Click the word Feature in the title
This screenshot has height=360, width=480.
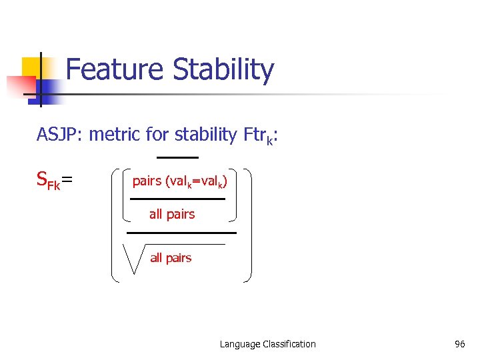click(x=115, y=70)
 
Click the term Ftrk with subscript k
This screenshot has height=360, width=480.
click(x=258, y=136)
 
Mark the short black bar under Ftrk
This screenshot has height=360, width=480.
click(x=177, y=157)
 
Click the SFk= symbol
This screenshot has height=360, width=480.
click(x=54, y=181)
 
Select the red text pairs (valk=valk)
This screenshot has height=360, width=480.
click(x=180, y=181)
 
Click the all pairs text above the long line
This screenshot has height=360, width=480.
click(x=172, y=214)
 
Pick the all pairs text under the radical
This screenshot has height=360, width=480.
click(x=171, y=258)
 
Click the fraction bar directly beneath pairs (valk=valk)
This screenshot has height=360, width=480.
click(x=177, y=199)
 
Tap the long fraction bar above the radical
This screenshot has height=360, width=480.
click(x=181, y=233)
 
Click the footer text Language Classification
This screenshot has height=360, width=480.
click(x=268, y=344)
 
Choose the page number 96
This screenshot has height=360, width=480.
click(x=459, y=344)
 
